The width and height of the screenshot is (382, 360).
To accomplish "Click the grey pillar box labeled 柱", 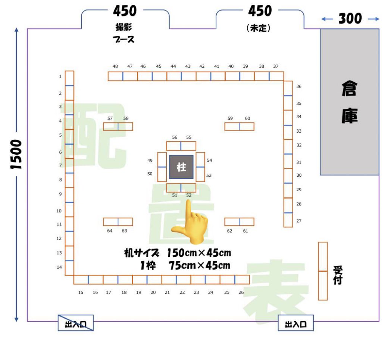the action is (181, 167).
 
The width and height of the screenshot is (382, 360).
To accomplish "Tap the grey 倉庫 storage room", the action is (349, 102).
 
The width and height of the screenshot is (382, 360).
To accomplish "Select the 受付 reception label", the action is (338, 275).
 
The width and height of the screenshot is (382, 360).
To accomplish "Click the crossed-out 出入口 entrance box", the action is (76, 323).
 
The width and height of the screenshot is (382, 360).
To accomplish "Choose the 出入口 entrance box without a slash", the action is (296, 323).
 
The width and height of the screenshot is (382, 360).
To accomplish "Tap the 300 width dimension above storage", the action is (350, 19).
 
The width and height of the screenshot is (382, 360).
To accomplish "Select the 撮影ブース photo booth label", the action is (124, 33).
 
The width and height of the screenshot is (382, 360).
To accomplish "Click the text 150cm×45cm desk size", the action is (199, 253).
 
